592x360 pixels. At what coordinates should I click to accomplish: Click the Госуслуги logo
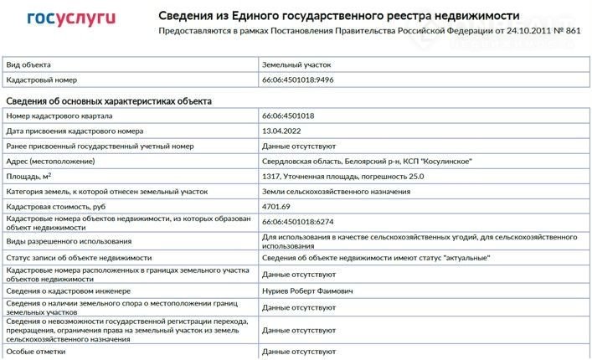[x=71, y=18]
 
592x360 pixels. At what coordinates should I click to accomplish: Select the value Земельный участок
[x=297, y=64]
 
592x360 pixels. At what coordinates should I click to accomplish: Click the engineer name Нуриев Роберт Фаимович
[x=308, y=291]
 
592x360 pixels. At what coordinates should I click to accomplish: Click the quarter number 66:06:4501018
[x=288, y=116]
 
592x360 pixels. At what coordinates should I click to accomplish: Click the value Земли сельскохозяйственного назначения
[x=336, y=192]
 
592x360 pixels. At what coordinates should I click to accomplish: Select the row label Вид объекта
[x=28, y=64]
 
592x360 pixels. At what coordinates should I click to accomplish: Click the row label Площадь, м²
[x=29, y=176]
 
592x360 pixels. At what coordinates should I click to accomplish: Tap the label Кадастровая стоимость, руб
[x=55, y=206]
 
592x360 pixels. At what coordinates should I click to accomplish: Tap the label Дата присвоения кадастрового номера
[x=75, y=131]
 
